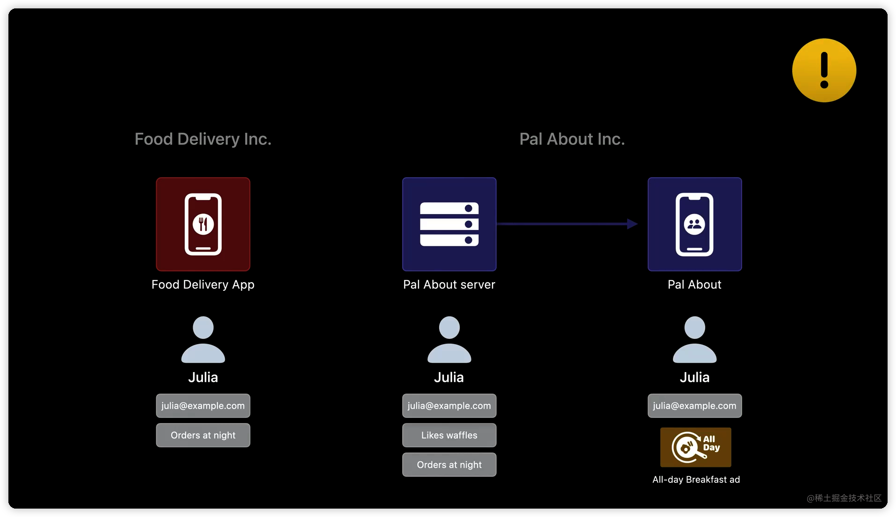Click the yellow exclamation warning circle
[824, 71]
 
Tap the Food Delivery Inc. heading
[203, 139]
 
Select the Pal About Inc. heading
[572, 139]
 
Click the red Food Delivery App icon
[203, 224]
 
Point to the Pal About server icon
[449, 224]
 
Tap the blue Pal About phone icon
[694, 224]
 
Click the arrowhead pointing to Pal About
[632, 224]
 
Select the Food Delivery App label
[203, 285]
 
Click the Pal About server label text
[449, 285]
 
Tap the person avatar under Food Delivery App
[203, 340]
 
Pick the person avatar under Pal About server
[449, 340]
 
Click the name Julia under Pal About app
[694, 377]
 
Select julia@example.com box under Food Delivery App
[203, 406]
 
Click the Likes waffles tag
[449, 435]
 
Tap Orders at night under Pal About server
[449, 465]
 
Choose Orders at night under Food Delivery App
[203, 435]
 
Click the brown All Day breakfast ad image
[695, 447]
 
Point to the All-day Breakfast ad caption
[696, 480]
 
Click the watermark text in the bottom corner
[844, 498]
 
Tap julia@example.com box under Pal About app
[694, 406]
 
